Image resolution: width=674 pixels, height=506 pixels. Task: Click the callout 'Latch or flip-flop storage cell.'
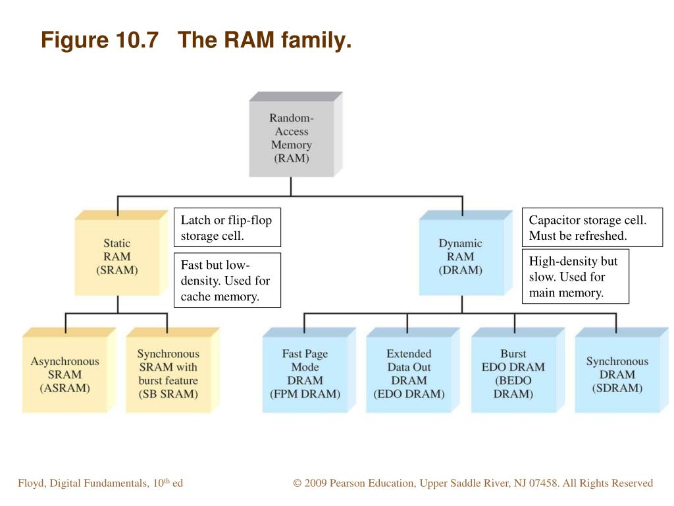pyautogui.click(x=227, y=227)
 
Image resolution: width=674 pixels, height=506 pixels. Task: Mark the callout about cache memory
pyautogui.click(x=227, y=280)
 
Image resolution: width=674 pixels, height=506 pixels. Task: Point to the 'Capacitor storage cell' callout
pyautogui.click(x=592, y=227)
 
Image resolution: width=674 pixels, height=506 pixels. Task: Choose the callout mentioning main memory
pyautogui.click(x=575, y=277)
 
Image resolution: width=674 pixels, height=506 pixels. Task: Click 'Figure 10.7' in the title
pyautogui.click(x=100, y=40)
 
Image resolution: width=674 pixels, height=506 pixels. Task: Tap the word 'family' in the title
pyautogui.click(x=317, y=40)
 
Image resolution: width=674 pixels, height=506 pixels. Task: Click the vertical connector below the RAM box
pyautogui.click(x=291, y=186)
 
